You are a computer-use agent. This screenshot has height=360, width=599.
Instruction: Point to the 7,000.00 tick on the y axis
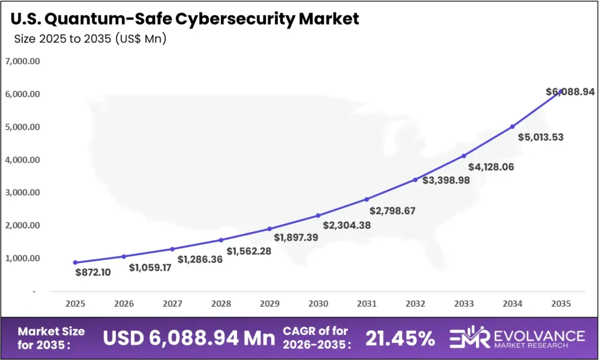coord(22,61)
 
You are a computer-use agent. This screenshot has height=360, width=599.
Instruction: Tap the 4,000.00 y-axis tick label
coord(22,160)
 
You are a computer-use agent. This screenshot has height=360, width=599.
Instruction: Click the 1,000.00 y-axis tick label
coord(22,258)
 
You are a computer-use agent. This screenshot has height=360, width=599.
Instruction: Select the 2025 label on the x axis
coord(75,304)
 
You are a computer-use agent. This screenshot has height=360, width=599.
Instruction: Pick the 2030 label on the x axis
coord(318,304)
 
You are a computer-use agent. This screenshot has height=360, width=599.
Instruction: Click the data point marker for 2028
coord(221,240)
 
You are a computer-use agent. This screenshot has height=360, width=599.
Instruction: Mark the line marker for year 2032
coord(415,180)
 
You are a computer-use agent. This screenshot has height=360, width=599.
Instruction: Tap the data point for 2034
coord(512,126)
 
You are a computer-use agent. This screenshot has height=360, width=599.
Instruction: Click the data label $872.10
coord(92,272)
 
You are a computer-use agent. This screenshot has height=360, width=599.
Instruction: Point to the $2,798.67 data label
coord(393,210)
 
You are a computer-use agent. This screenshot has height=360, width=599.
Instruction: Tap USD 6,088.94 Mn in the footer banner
coord(189,338)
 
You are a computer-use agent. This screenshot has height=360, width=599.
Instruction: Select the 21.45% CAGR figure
coord(400,338)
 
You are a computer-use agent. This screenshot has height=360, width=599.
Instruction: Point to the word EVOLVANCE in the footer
coord(538,335)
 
